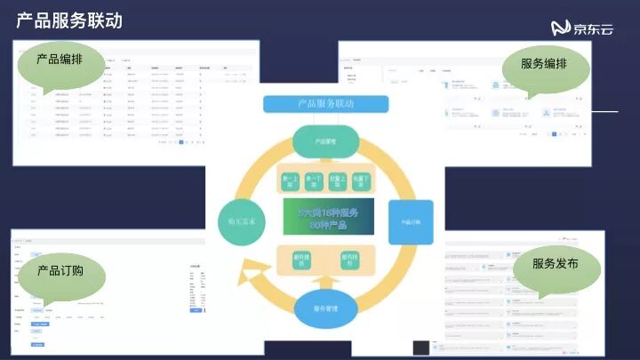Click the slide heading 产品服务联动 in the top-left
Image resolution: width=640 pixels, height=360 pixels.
pyautogui.click(x=69, y=20)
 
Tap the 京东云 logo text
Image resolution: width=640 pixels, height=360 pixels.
pyautogui.click(x=593, y=28)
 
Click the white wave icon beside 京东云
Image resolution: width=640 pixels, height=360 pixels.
pyautogui.click(x=560, y=28)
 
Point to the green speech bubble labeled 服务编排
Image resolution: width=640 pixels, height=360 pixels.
pyautogui.click(x=543, y=66)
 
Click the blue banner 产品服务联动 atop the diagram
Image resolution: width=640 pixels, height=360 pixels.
pyautogui.click(x=325, y=104)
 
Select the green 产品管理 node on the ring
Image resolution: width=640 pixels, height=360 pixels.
pyautogui.click(x=325, y=141)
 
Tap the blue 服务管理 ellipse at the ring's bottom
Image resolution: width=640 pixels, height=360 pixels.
pyautogui.click(x=324, y=308)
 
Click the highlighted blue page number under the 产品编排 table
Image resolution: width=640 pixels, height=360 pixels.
pyautogui.click(x=181, y=141)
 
